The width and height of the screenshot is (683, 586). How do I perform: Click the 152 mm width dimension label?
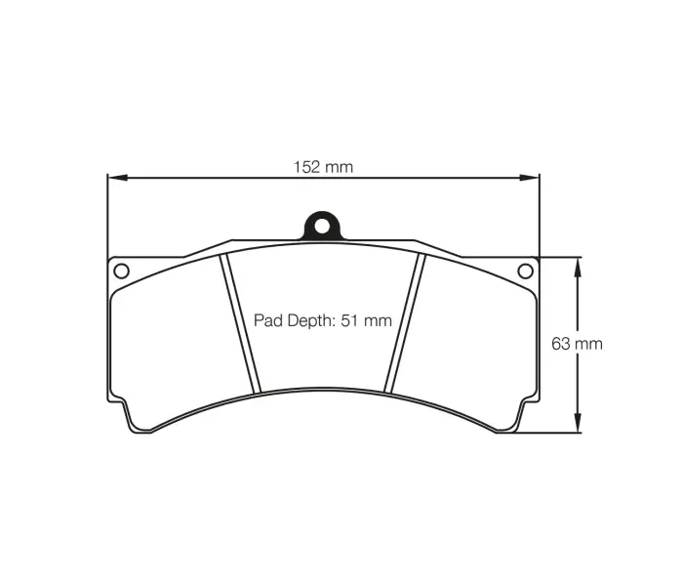point(323,167)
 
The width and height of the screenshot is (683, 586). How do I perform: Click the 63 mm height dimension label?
point(577,344)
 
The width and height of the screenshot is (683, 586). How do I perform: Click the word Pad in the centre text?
point(267,320)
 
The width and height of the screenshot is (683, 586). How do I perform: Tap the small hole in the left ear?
point(121,270)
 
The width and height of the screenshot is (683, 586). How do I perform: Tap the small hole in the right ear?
point(525,270)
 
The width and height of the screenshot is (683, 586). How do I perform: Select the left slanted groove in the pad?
point(241,322)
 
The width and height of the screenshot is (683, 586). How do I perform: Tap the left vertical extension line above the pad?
point(107,215)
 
